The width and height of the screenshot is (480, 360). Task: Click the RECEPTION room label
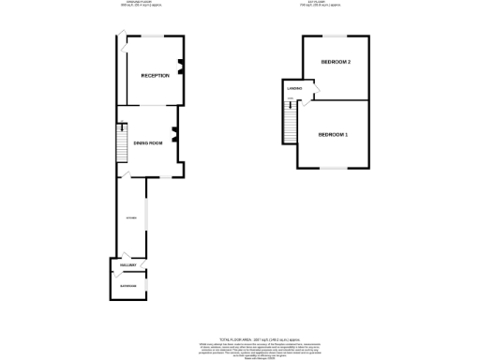(155, 75)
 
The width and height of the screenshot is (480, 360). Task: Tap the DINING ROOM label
(148, 142)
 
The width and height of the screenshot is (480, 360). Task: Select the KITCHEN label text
(131, 218)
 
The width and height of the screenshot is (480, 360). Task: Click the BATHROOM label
(127, 285)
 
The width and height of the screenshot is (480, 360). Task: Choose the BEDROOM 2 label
(335, 62)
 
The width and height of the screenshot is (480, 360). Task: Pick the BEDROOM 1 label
(333, 135)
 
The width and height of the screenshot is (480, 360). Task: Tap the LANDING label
(293, 90)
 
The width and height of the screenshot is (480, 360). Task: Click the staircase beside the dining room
(120, 144)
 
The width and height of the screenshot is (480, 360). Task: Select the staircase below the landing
(290, 122)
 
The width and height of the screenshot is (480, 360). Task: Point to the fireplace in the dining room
(174, 137)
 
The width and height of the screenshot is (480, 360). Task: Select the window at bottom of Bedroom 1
(332, 168)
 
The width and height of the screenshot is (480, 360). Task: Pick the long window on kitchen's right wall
(146, 217)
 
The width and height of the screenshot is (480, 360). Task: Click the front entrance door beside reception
(121, 37)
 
